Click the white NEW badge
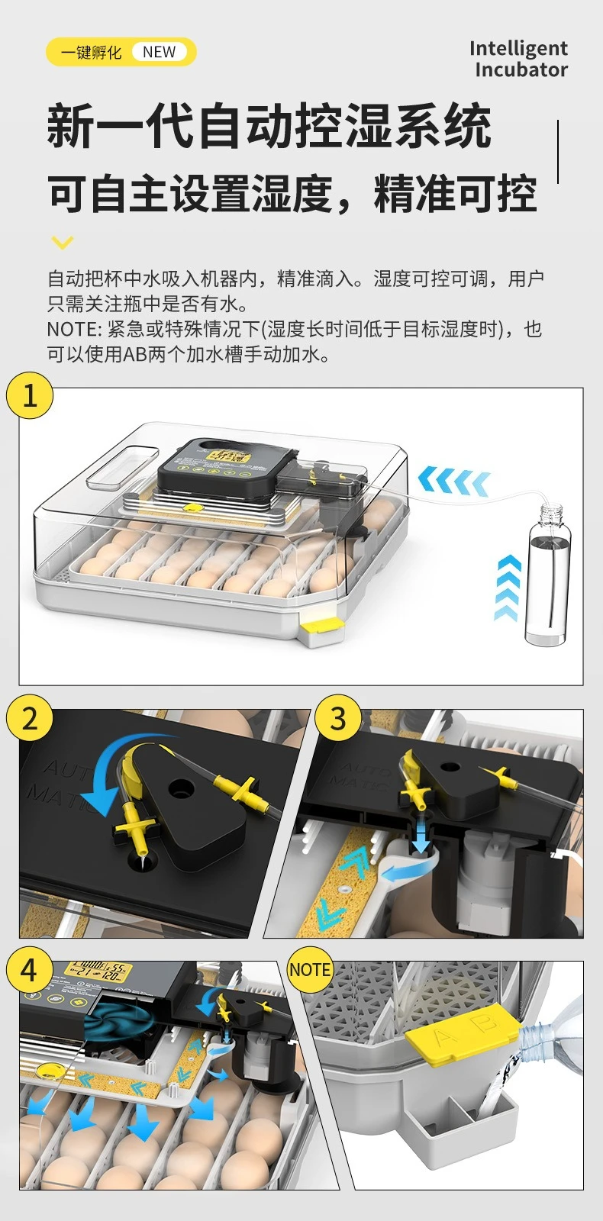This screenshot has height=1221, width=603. (x=159, y=52)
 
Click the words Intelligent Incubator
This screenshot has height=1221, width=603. (x=518, y=59)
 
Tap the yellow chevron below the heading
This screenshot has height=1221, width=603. (x=62, y=243)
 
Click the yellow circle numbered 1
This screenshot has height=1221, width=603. (x=30, y=395)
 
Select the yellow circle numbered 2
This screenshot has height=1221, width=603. (x=30, y=718)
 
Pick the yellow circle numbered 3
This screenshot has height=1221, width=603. (x=337, y=718)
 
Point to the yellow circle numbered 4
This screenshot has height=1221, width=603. (x=29, y=969)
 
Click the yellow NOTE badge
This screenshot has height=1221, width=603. (x=310, y=970)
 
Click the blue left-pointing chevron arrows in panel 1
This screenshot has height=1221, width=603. (x=453, y=481)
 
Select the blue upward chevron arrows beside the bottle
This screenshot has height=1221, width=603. (x=508, y=588)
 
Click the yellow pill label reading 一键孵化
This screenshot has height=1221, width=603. (x=92, y=52)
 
